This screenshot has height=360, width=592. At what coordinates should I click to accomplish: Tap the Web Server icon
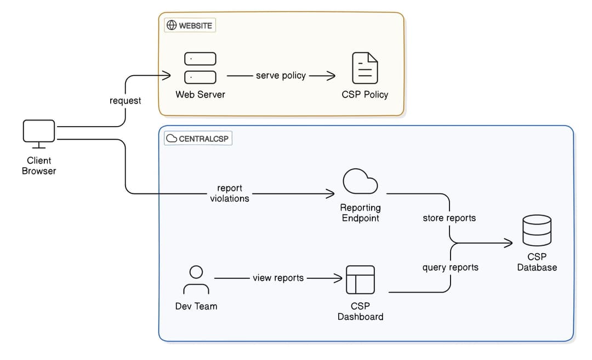click(200, 68)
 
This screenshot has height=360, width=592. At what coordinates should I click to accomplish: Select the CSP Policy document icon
click(365, 68)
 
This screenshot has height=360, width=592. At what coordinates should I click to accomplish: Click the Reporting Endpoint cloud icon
click(360, 182)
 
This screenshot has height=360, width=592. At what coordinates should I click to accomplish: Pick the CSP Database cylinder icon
click(537, 231)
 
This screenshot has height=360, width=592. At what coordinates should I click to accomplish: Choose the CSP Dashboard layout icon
click(360, 279)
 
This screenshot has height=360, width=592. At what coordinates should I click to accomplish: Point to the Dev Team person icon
click(196, 280)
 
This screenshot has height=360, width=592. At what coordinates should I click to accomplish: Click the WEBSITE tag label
click(190, 25)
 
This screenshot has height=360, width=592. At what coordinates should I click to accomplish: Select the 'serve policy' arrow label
click(281, 76)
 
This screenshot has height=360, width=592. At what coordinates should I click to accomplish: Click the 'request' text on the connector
click(125, 101)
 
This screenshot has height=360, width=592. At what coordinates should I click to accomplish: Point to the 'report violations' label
click(230, 193)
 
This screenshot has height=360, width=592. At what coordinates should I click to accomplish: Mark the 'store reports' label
click(449, 218)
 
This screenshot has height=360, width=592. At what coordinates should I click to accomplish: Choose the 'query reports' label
click(450, 267)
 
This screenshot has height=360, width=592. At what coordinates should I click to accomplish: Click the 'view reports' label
click(278, 278)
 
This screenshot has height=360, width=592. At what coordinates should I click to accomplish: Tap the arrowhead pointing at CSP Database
click(509, 243)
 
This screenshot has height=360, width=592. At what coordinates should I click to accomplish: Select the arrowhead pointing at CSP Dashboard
click(339, 278)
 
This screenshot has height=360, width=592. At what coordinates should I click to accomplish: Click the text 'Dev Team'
click(196, 306)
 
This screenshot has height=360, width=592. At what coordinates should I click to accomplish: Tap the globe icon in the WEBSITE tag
click(172, 25)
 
